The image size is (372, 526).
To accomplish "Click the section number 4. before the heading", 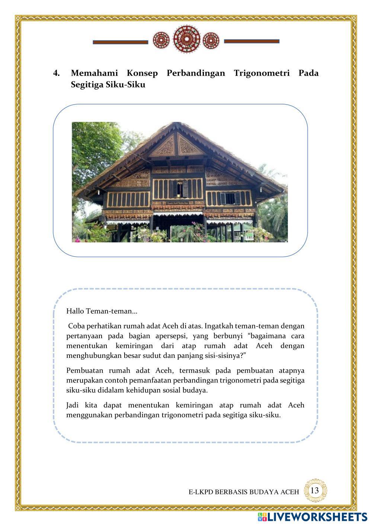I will coord(57,73).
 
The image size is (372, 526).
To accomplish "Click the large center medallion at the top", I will coord(187,39).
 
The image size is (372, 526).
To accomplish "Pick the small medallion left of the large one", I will coord(161,40).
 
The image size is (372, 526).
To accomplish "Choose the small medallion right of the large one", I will coord(211,40).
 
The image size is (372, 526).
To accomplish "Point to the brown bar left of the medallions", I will coord(120,42).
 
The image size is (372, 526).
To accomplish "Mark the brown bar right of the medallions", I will coord(251,41).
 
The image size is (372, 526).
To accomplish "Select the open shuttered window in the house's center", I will coord(180,189).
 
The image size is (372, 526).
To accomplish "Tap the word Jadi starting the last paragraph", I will coord(73,405).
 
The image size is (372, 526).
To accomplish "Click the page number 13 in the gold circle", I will coord(315,491).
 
